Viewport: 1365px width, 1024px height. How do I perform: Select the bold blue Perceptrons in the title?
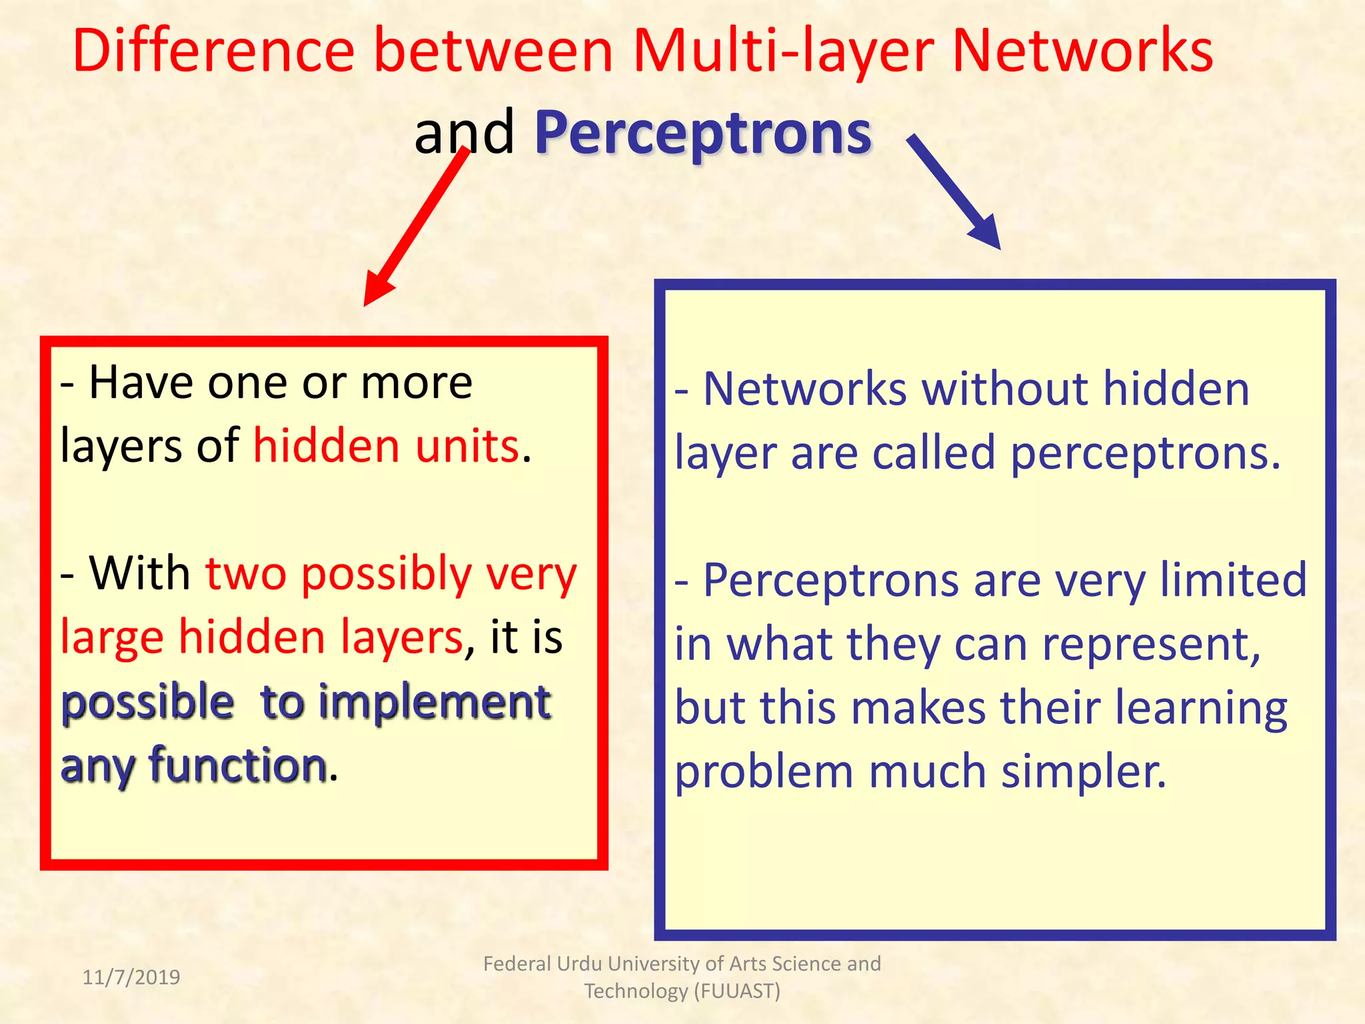(x=702, y=133)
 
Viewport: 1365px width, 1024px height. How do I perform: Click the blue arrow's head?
(x=986, y=233)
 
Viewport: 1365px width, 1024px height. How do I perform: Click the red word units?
(x=467, y=446)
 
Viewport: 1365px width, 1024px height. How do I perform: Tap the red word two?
(x=245, y=573)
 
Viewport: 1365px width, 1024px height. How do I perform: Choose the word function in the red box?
(x=238, y=765)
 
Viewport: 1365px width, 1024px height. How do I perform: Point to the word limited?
(x=1233, y=579)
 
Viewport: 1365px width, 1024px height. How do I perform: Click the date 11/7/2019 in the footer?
(x=131, y=977)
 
